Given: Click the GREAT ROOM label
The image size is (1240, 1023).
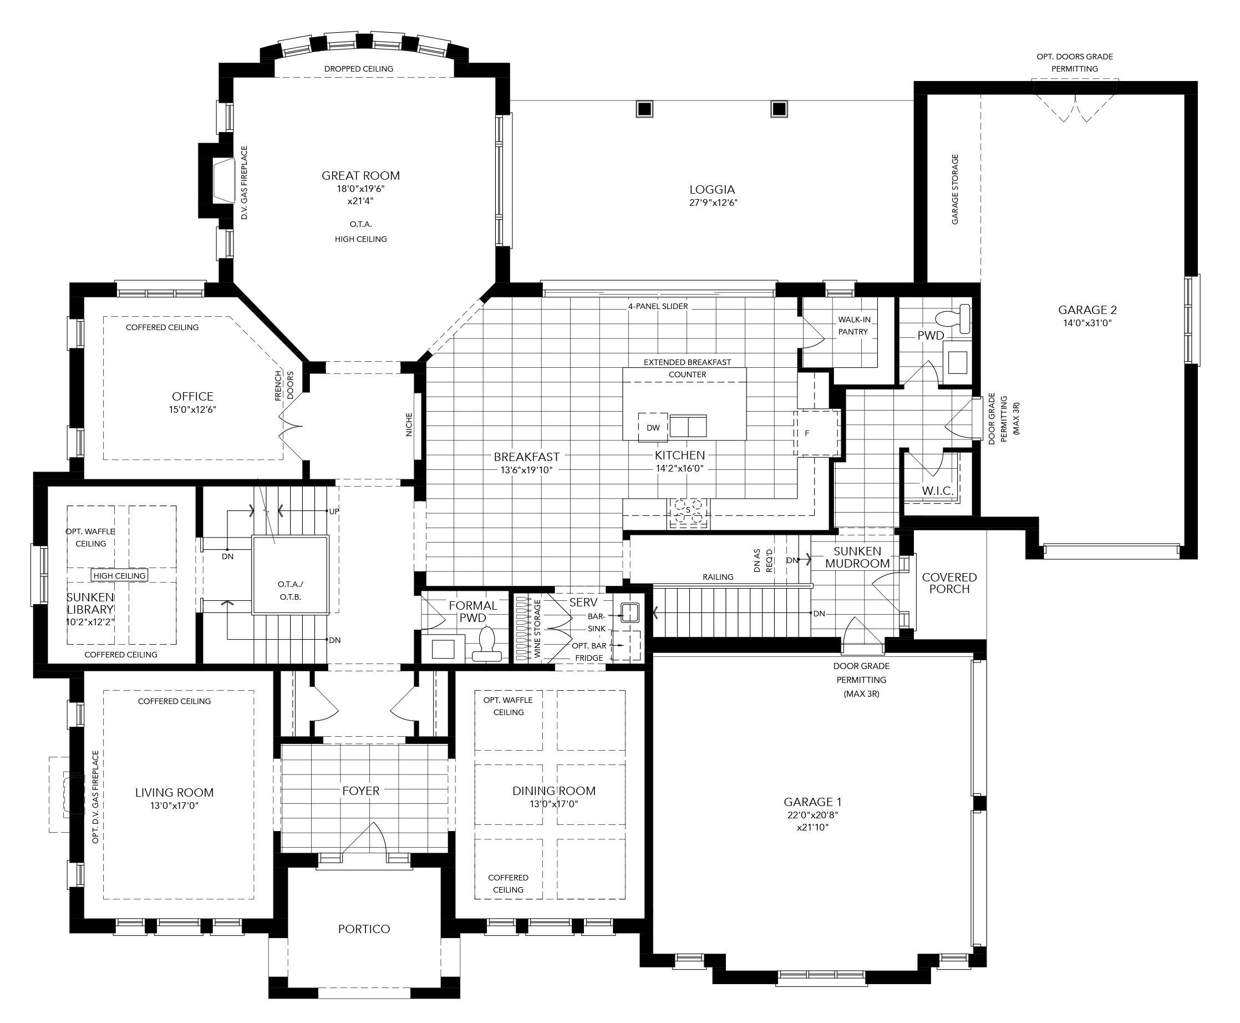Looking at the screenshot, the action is [x=360, y=176].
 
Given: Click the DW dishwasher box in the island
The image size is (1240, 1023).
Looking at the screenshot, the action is [x=653, y=427].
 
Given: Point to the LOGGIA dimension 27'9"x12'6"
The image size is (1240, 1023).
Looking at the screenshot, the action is [x=712, y=202].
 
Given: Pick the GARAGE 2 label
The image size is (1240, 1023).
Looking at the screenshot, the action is [x=1087, y=310].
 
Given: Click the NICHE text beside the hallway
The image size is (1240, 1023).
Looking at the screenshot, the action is [x=409, y=424].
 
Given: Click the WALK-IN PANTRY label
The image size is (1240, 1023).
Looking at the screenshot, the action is [x=853, y=326].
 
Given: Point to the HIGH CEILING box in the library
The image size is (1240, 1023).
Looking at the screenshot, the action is [x=119, y=576].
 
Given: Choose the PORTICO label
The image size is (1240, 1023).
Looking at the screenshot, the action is [x=364, y=929].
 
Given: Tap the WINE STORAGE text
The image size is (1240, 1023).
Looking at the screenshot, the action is [x=537, y=629].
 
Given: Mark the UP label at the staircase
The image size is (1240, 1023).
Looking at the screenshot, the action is [x=334, y=511].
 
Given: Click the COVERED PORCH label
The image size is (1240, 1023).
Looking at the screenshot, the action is [x=949, y=583].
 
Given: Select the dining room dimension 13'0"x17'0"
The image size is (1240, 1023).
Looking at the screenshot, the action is [x=553, y=804].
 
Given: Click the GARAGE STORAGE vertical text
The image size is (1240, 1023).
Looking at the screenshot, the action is [x=955, y=190].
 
